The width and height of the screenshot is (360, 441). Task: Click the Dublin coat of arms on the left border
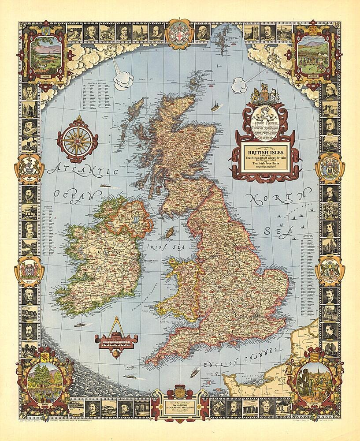(x=30, y=270)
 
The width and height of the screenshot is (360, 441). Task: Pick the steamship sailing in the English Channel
(x=194, y=371)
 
